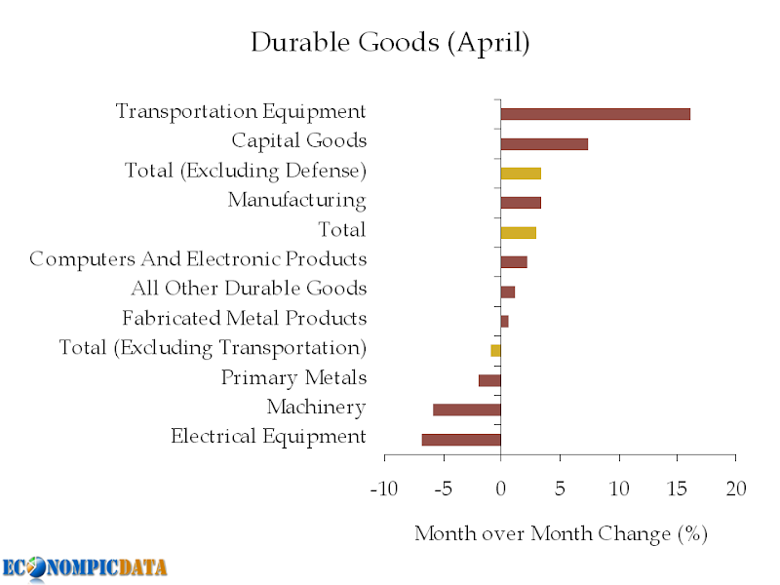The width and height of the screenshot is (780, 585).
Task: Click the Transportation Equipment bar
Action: click(x=595, y=114)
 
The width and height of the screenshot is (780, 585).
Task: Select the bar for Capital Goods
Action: click(x=544, y=143)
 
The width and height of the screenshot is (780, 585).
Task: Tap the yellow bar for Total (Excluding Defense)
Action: click(x=521, y=174)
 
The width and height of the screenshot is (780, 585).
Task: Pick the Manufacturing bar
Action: click(x=521, y=203)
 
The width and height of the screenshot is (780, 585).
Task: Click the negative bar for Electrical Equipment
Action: click(x=461, y=440)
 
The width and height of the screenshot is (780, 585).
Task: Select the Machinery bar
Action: click(x=467, y=409)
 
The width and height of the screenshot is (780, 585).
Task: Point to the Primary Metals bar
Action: click(x=489, y=380)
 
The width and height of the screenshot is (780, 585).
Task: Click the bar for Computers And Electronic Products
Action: click(x=514, y=262)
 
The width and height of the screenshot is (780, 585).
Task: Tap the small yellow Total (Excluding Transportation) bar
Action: click(x=495, y=350)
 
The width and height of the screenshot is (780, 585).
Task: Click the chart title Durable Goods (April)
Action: click(x=390, y=43)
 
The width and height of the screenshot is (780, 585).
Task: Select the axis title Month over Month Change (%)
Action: click(x=561, y=533)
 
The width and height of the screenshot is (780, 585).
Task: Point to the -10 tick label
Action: click(x=384, y=488)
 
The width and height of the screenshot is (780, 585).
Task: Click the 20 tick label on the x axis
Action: click(x=735, y=488)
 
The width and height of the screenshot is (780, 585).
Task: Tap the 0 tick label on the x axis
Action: click(x=501, y=488)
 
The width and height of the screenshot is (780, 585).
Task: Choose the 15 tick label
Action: click(x=677, y=488)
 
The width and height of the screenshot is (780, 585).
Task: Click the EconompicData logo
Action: click(x=84, y=567)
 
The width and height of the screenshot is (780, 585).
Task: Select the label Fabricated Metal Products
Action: click(x=244, y=319)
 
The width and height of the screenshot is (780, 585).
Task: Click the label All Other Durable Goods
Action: click(x=249, y=289)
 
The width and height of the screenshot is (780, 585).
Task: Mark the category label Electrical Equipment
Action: click(x=268, y=436)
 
